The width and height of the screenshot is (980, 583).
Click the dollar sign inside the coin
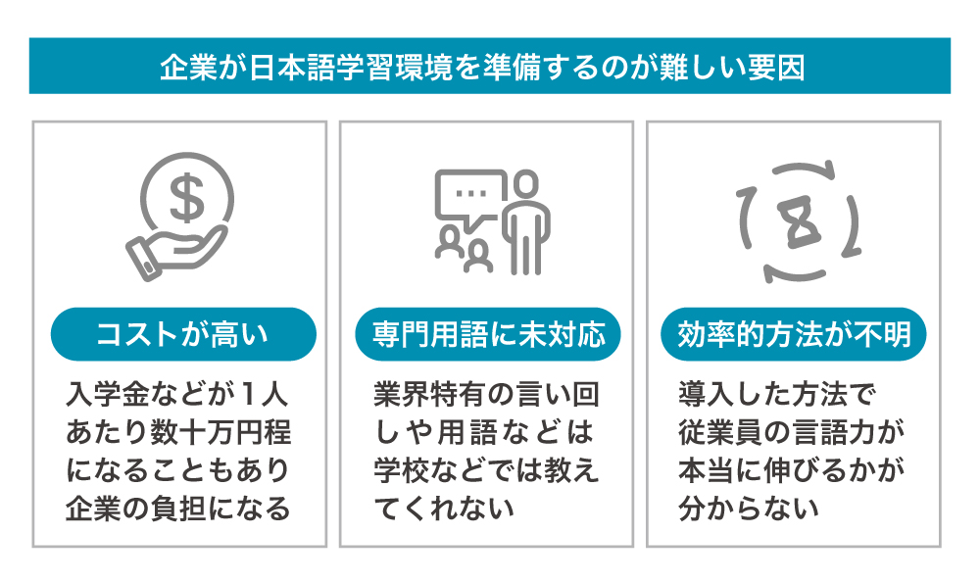pyautogui.click(x=187, y=198)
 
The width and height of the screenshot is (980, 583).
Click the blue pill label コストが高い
pyautogui.click(x=183, y=334)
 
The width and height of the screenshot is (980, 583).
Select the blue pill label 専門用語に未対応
pyautogui.click(x=488, y=334)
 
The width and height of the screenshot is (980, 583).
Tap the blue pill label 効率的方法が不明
pyautogui.click(x=794, y=334)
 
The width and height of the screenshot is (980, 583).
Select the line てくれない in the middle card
pyautogui.click(x=444, y=508)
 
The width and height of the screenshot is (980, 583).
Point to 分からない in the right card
pyautogui.click(x=749, y=508)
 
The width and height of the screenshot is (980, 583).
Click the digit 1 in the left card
pyautogui.click(x=248, y=394)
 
